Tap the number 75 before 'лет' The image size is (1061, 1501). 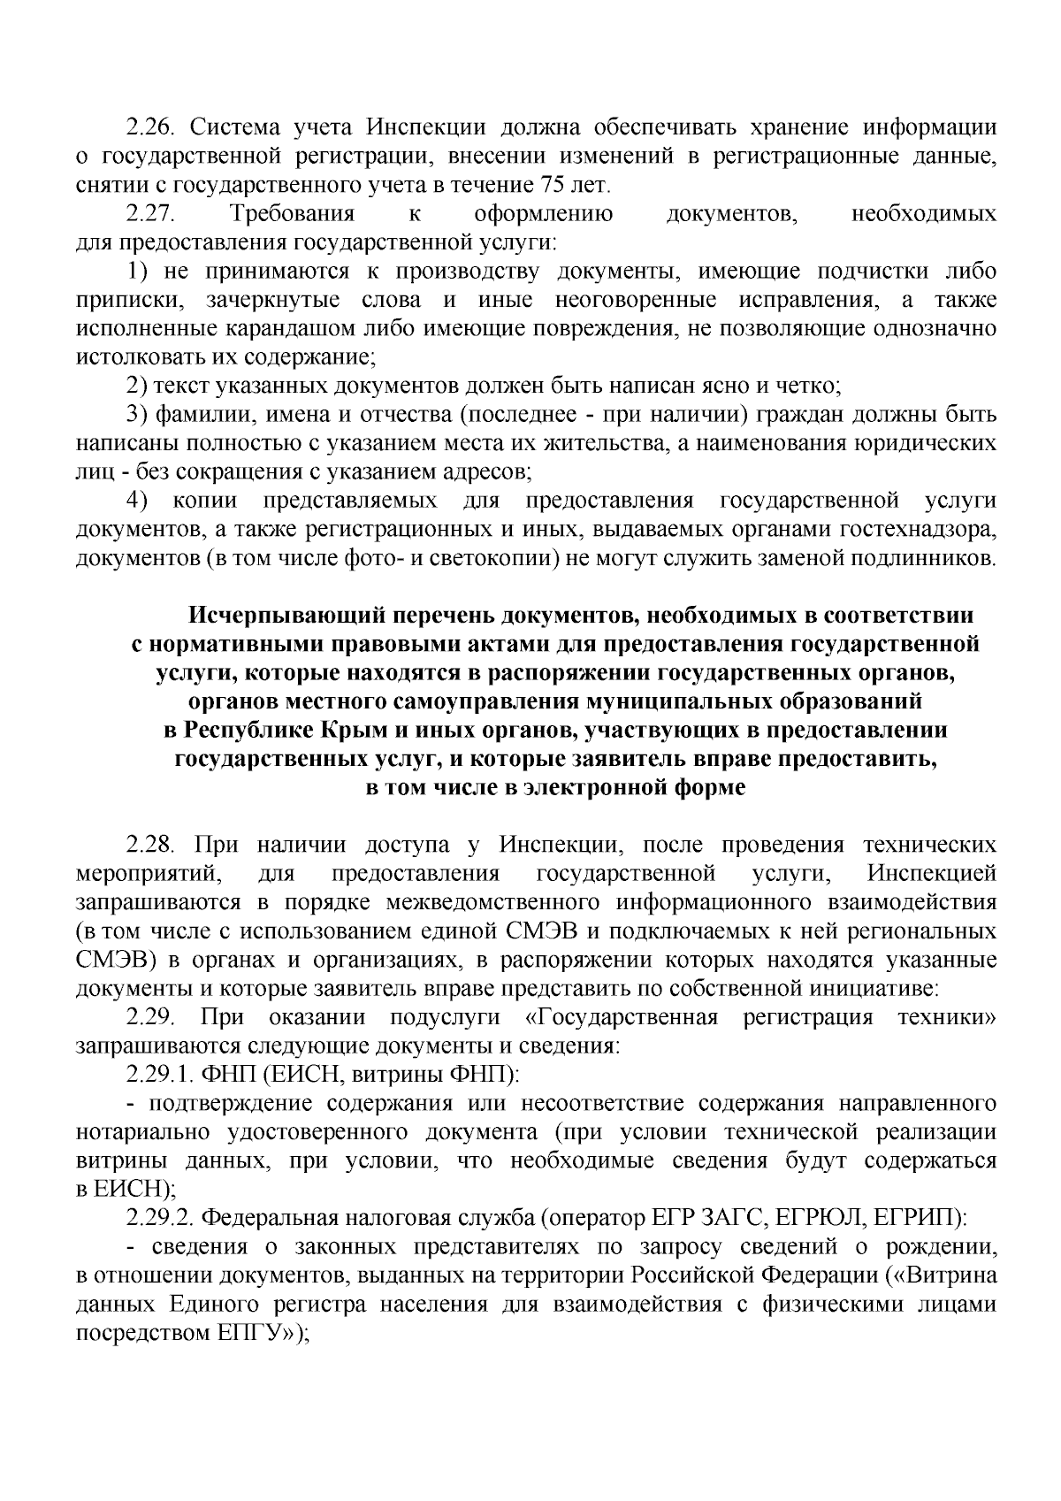point(554,185)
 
